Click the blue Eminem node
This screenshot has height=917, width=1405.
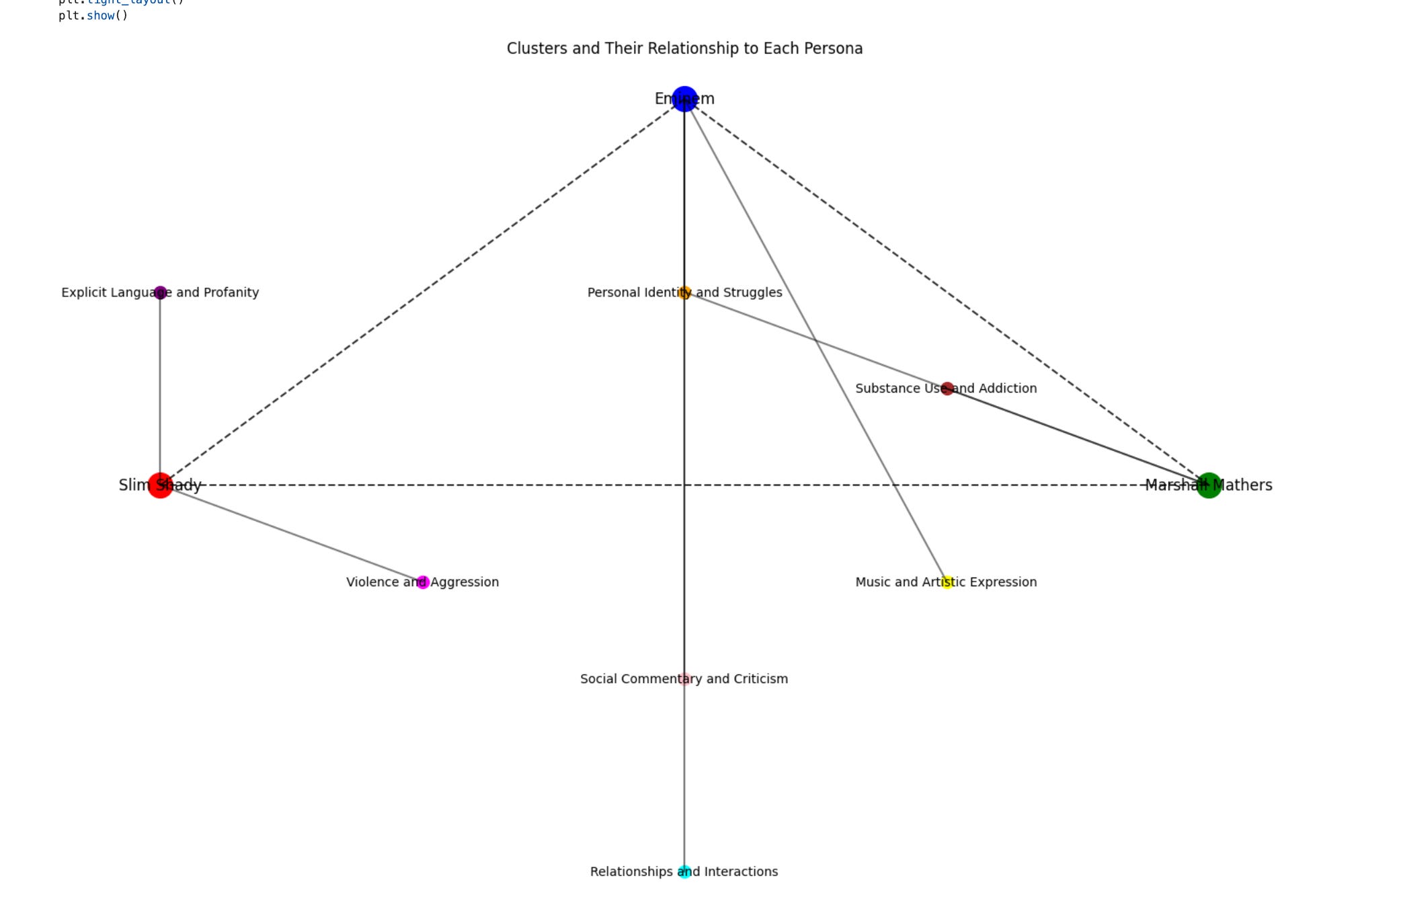[x=684, y=99]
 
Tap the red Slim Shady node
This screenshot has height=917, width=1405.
[x=160, y=485]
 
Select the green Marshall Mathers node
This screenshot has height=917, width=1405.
[x=1209, y=485]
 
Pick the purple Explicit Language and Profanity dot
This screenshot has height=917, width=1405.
[x=160, y=292]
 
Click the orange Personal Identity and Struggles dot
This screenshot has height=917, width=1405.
[x=684, y=292]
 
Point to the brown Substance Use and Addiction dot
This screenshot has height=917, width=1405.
[x=947, y=389]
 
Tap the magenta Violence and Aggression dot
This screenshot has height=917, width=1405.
[x=423, y=582]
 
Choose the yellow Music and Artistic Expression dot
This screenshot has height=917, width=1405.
[x=947, y=582]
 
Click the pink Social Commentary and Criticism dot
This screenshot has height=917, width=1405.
[x=684, y=679]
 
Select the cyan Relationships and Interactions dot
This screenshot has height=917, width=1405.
[x=684, y=872]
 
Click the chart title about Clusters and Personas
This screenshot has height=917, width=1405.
[x=684, y=48]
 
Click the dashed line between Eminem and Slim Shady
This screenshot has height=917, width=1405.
[x=422, y=292]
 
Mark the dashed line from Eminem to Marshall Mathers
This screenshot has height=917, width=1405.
[x=947, y=292]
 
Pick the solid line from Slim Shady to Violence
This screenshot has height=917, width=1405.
[x=291, y=533]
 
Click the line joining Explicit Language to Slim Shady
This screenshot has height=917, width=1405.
[x=160, y=389]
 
